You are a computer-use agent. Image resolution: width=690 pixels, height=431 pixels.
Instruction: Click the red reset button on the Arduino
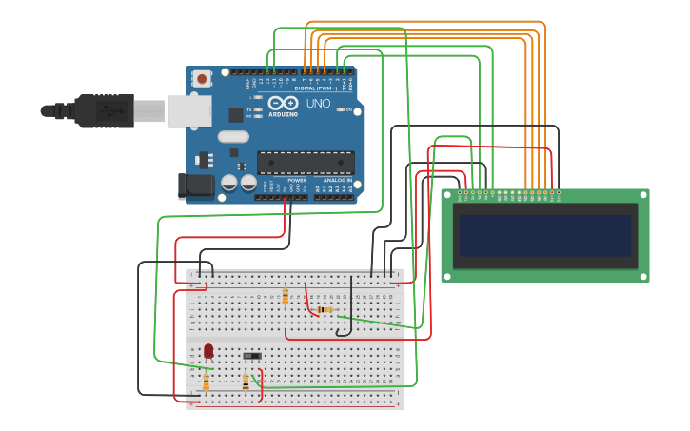(201, 80)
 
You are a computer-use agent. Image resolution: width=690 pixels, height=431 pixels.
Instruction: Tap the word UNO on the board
(318, 103)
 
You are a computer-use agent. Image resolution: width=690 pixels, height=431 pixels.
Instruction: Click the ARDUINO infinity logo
(283, 104)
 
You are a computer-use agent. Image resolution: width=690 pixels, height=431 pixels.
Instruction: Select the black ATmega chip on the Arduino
(306, 163)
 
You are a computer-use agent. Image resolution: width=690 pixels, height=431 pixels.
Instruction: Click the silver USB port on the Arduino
(188, 110)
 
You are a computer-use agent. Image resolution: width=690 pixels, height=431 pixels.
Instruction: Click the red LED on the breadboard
(208, 351)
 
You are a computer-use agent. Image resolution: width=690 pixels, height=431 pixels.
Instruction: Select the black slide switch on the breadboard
(252, 356)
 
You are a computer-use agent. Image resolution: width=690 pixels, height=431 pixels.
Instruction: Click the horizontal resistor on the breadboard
(325, 309)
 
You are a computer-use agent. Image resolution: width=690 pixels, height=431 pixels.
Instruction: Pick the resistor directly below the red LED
(207, 382)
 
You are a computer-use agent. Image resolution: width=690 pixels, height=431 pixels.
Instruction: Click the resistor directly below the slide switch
(246, 382)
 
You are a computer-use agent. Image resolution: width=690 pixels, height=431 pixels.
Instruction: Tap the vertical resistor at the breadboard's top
(286, 297)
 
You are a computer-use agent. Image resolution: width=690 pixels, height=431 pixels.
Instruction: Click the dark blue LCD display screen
(545, 235)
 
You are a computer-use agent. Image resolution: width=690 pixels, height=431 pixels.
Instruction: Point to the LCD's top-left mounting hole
(447, 195)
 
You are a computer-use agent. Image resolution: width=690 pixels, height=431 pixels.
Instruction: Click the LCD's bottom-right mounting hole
(643, 276)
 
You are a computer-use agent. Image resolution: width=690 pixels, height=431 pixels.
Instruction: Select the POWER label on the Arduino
(297, 180)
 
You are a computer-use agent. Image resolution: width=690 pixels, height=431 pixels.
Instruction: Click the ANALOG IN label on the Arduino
(336, 180)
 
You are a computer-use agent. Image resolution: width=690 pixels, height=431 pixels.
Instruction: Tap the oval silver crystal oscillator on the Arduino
(233, 136)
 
